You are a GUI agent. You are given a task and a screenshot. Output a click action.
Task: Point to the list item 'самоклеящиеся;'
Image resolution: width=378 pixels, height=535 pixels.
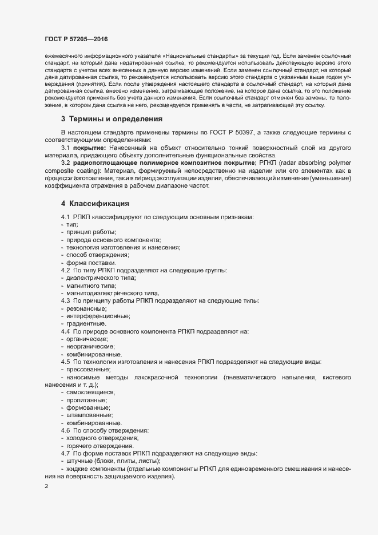tap(91, 392)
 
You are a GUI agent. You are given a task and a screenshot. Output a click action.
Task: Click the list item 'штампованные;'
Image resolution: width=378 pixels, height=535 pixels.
tap(89, 415)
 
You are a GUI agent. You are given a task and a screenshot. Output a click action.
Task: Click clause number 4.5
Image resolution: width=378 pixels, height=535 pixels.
tap(66, 362)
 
